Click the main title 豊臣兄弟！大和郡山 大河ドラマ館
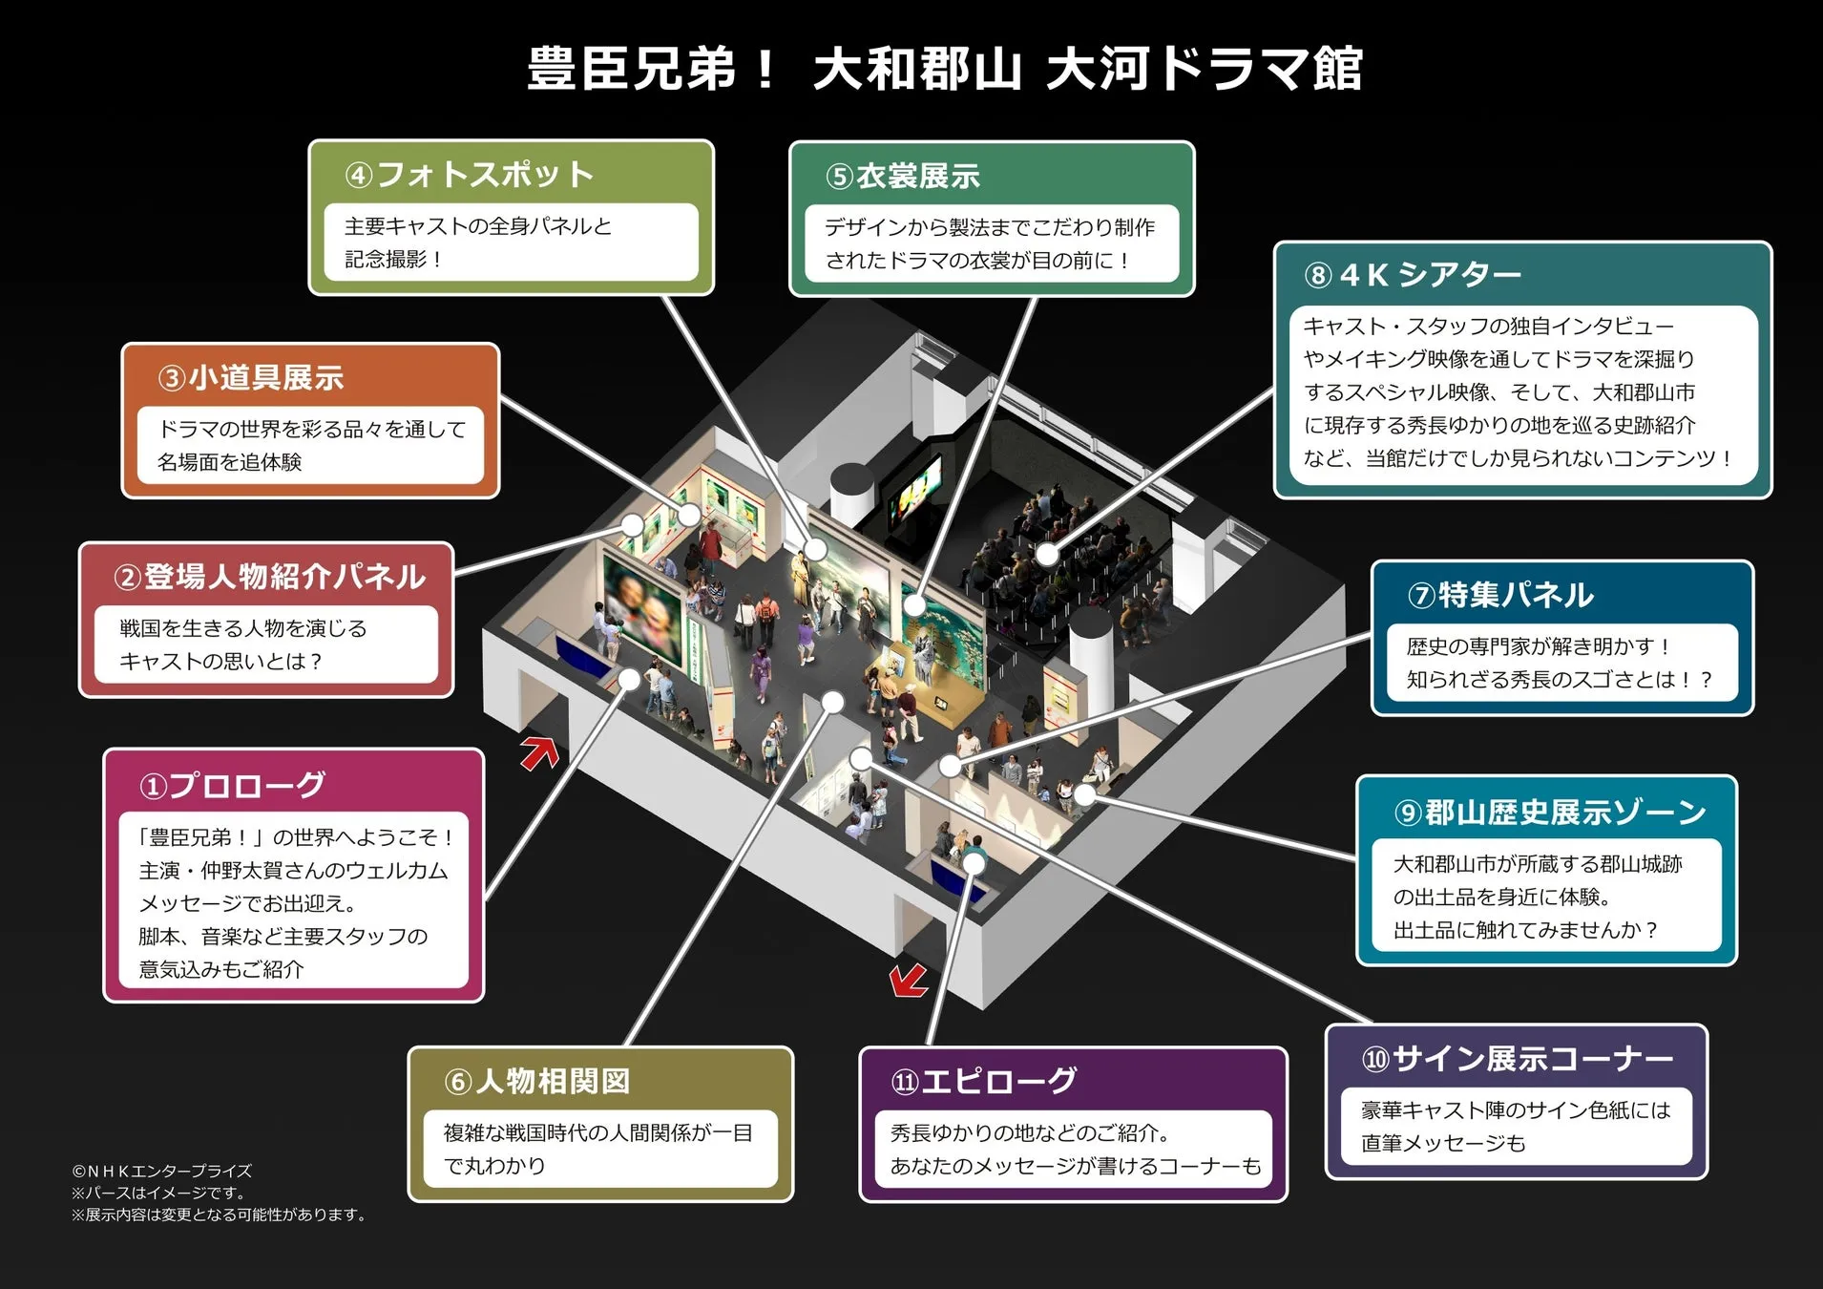point(945,70)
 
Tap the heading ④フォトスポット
point(470,175)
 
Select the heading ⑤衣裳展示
point(903,177)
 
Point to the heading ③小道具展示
point(251,378)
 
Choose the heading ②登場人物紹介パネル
point(269,577)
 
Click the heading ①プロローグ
point(233,786)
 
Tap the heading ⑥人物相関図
point(537,1081)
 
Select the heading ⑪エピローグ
point(984,1081)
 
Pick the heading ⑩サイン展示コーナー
point(1518,1059)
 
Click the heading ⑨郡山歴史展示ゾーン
point(1550,813)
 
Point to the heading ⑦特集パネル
point(1500,595)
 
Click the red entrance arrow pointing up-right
point(540,752)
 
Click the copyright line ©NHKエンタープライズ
point(162,1171)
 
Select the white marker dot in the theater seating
point(1047,554)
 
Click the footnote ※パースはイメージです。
point(160,1193)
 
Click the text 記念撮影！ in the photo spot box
point(392,260)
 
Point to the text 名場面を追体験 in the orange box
point(230,462)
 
